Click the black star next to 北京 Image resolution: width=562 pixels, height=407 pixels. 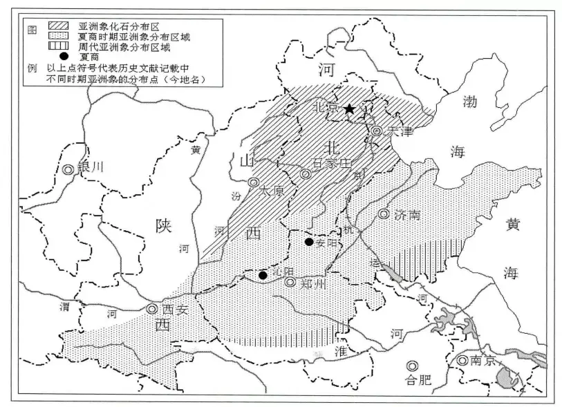(x=350, y=108)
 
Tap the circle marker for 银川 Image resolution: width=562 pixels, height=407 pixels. (x=68, y=169)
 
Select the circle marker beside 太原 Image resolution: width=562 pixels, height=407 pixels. (x=253, y=182)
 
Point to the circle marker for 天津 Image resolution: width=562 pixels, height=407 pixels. (x=377, y=131)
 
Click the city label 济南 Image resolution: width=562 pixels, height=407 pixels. (x=408, y=214)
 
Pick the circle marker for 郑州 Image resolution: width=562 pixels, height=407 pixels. (x=290, y=283)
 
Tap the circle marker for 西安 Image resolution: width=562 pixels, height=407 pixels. (x=152, y=310)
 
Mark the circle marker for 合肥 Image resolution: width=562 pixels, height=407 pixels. (x=413, y=365)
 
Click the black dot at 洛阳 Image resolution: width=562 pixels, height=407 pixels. (x=263, y=275)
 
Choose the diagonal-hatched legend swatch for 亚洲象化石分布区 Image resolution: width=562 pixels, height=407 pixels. (x=58, y=26)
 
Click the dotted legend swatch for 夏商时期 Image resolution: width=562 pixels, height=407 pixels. (x=58, y=36)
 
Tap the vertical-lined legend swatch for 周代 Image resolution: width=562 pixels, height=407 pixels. (x=58, y=46)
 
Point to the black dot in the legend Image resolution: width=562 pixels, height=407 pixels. (x=59, y=57)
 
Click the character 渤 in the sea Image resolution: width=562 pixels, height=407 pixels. (x=470, y=102)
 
